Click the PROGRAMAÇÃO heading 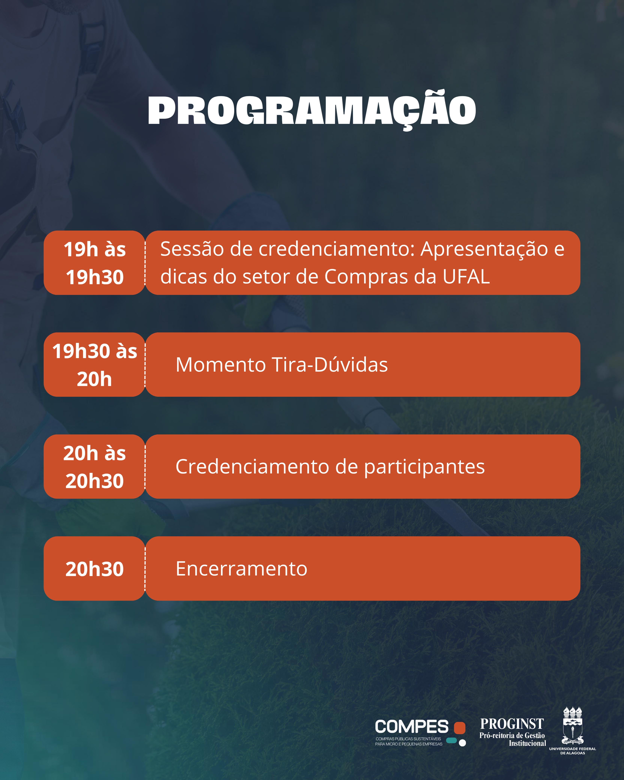pyautogui.click(x=312, y=110)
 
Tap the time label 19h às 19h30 pyautogui.click(x=95, y=263)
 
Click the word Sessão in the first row pyautogui.click(x=192, y=249)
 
